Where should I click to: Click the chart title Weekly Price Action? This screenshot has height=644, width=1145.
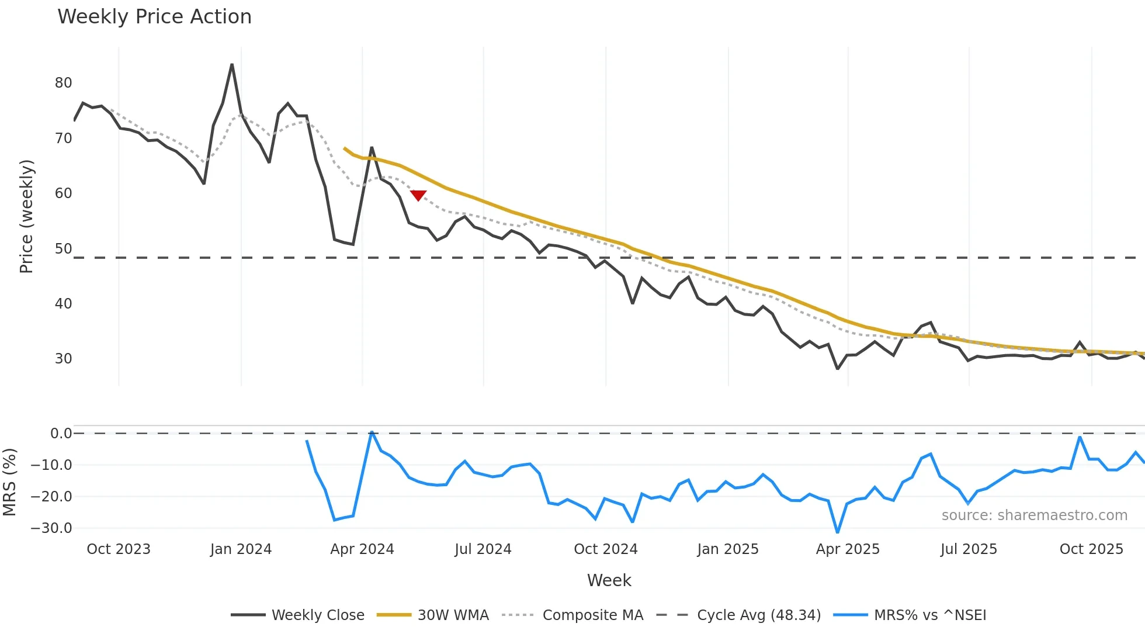point(154,17)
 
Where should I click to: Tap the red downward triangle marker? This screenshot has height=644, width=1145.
point(418,195)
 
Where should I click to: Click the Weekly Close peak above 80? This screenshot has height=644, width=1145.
point(232,65)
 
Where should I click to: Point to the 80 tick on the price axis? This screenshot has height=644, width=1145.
point(63,83)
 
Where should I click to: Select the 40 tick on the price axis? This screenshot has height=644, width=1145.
point(63,304)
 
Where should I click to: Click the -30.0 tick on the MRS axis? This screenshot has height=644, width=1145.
point(51,528)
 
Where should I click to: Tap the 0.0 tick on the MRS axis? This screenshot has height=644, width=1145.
point(61,434)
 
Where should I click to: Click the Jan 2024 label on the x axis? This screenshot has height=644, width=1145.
point(241,549)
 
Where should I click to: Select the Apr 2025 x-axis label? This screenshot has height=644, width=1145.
point(848,549)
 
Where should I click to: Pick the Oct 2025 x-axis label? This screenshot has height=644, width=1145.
point(1091,549)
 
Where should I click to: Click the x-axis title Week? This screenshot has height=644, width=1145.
point(609,580)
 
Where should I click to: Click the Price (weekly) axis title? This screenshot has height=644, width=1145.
point(26,216)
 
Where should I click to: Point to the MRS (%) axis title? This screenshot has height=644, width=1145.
point(9,482)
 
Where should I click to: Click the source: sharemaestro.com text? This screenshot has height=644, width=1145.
point(1034,515)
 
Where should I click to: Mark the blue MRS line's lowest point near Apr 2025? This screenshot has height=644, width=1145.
point(838,532)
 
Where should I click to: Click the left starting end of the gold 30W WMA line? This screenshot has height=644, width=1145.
point(345,148)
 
